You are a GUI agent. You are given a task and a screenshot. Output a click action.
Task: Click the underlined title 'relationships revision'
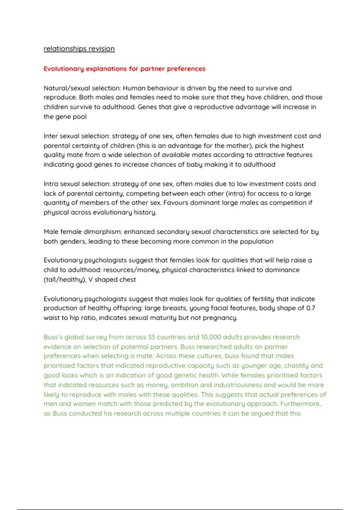point(79,49)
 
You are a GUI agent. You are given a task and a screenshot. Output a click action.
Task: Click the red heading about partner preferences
point(124,69)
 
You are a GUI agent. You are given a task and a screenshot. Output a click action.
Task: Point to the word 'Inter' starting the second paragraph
point(51,136)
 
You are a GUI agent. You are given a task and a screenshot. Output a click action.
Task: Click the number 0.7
point(310,308)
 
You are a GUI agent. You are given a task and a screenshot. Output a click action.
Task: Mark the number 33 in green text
point(151,337)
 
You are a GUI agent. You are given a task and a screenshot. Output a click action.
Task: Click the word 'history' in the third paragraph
point(145,212)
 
